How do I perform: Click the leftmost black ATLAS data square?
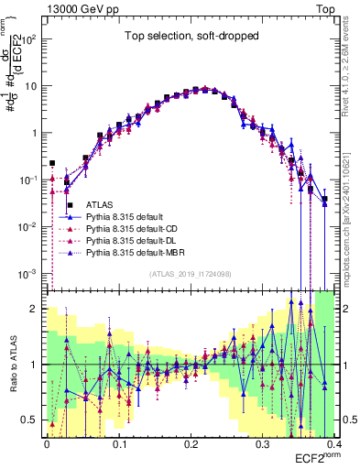52,163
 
